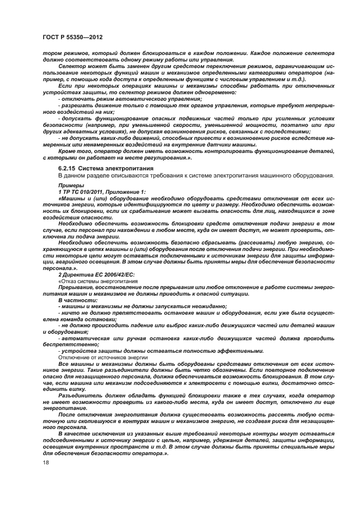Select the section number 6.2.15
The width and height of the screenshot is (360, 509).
[x=68, y=169]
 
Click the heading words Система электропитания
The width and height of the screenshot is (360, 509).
[x=113, y=169]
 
